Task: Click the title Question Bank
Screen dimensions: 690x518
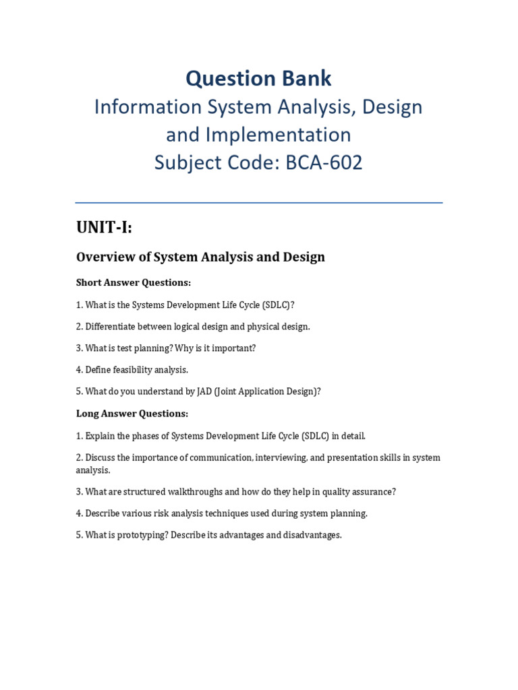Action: (x=259, y=79)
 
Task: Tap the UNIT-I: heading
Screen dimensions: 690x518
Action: (x=104, y=228)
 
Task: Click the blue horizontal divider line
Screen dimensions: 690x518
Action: (x=259, y=202)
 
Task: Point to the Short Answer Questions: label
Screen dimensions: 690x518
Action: (x=134, y=282)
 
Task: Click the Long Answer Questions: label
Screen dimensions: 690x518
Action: (x=132, y=413)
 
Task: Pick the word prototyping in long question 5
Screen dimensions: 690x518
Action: (x=146, y=535)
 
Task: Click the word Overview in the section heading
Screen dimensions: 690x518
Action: (x=103, y=257)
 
